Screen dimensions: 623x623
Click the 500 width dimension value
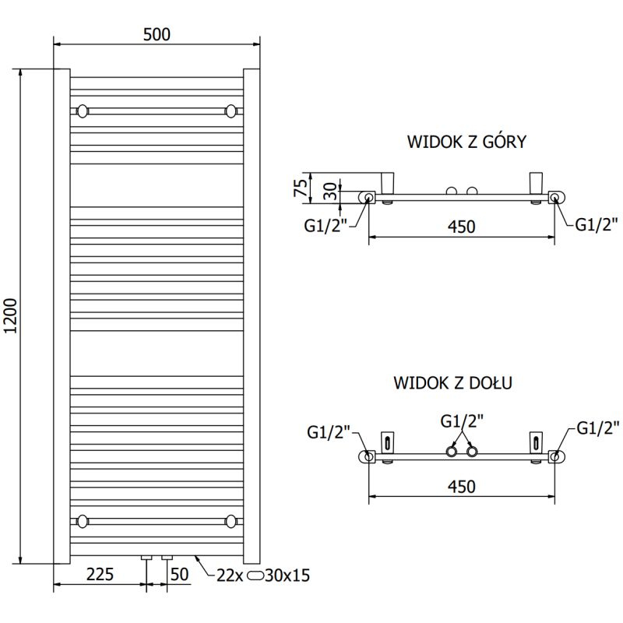[x=157, y=34]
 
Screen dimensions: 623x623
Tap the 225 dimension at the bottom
[x=100, y=575]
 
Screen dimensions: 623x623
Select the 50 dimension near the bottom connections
[x=180, y=575]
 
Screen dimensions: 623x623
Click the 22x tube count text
[x=230, y=575]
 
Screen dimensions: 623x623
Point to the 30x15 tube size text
[x=287, y=575]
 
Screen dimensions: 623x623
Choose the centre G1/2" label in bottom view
[x=462, y=422]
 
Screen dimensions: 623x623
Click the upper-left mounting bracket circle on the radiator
[x=83, y=111]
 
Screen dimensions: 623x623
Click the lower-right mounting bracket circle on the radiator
[x=231, y=521]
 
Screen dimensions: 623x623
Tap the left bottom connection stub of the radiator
[x=146, y=558]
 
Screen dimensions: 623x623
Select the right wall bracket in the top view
[x=537, y=182]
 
